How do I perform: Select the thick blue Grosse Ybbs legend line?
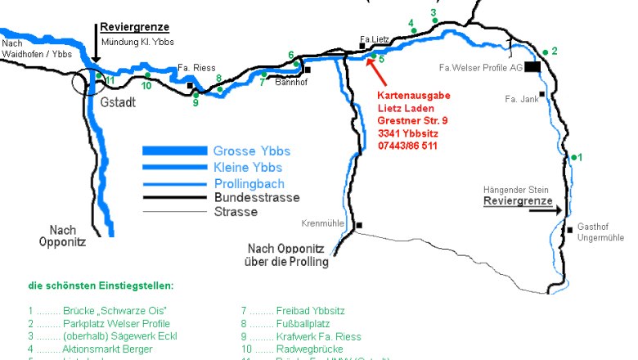(174, 151)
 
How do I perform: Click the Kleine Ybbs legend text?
(248, 167)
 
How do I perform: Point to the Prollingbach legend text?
(249, 182)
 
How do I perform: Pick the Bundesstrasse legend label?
(256, 197)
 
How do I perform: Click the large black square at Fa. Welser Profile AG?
(532, 68)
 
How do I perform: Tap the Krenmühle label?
(325, 223)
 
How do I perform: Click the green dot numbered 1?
(574, 157)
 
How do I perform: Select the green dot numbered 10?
(147, 76)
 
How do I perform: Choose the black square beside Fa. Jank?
(541, 94)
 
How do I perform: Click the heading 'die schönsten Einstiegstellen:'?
(101, 286)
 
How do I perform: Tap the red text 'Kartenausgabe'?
(413, 96)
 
